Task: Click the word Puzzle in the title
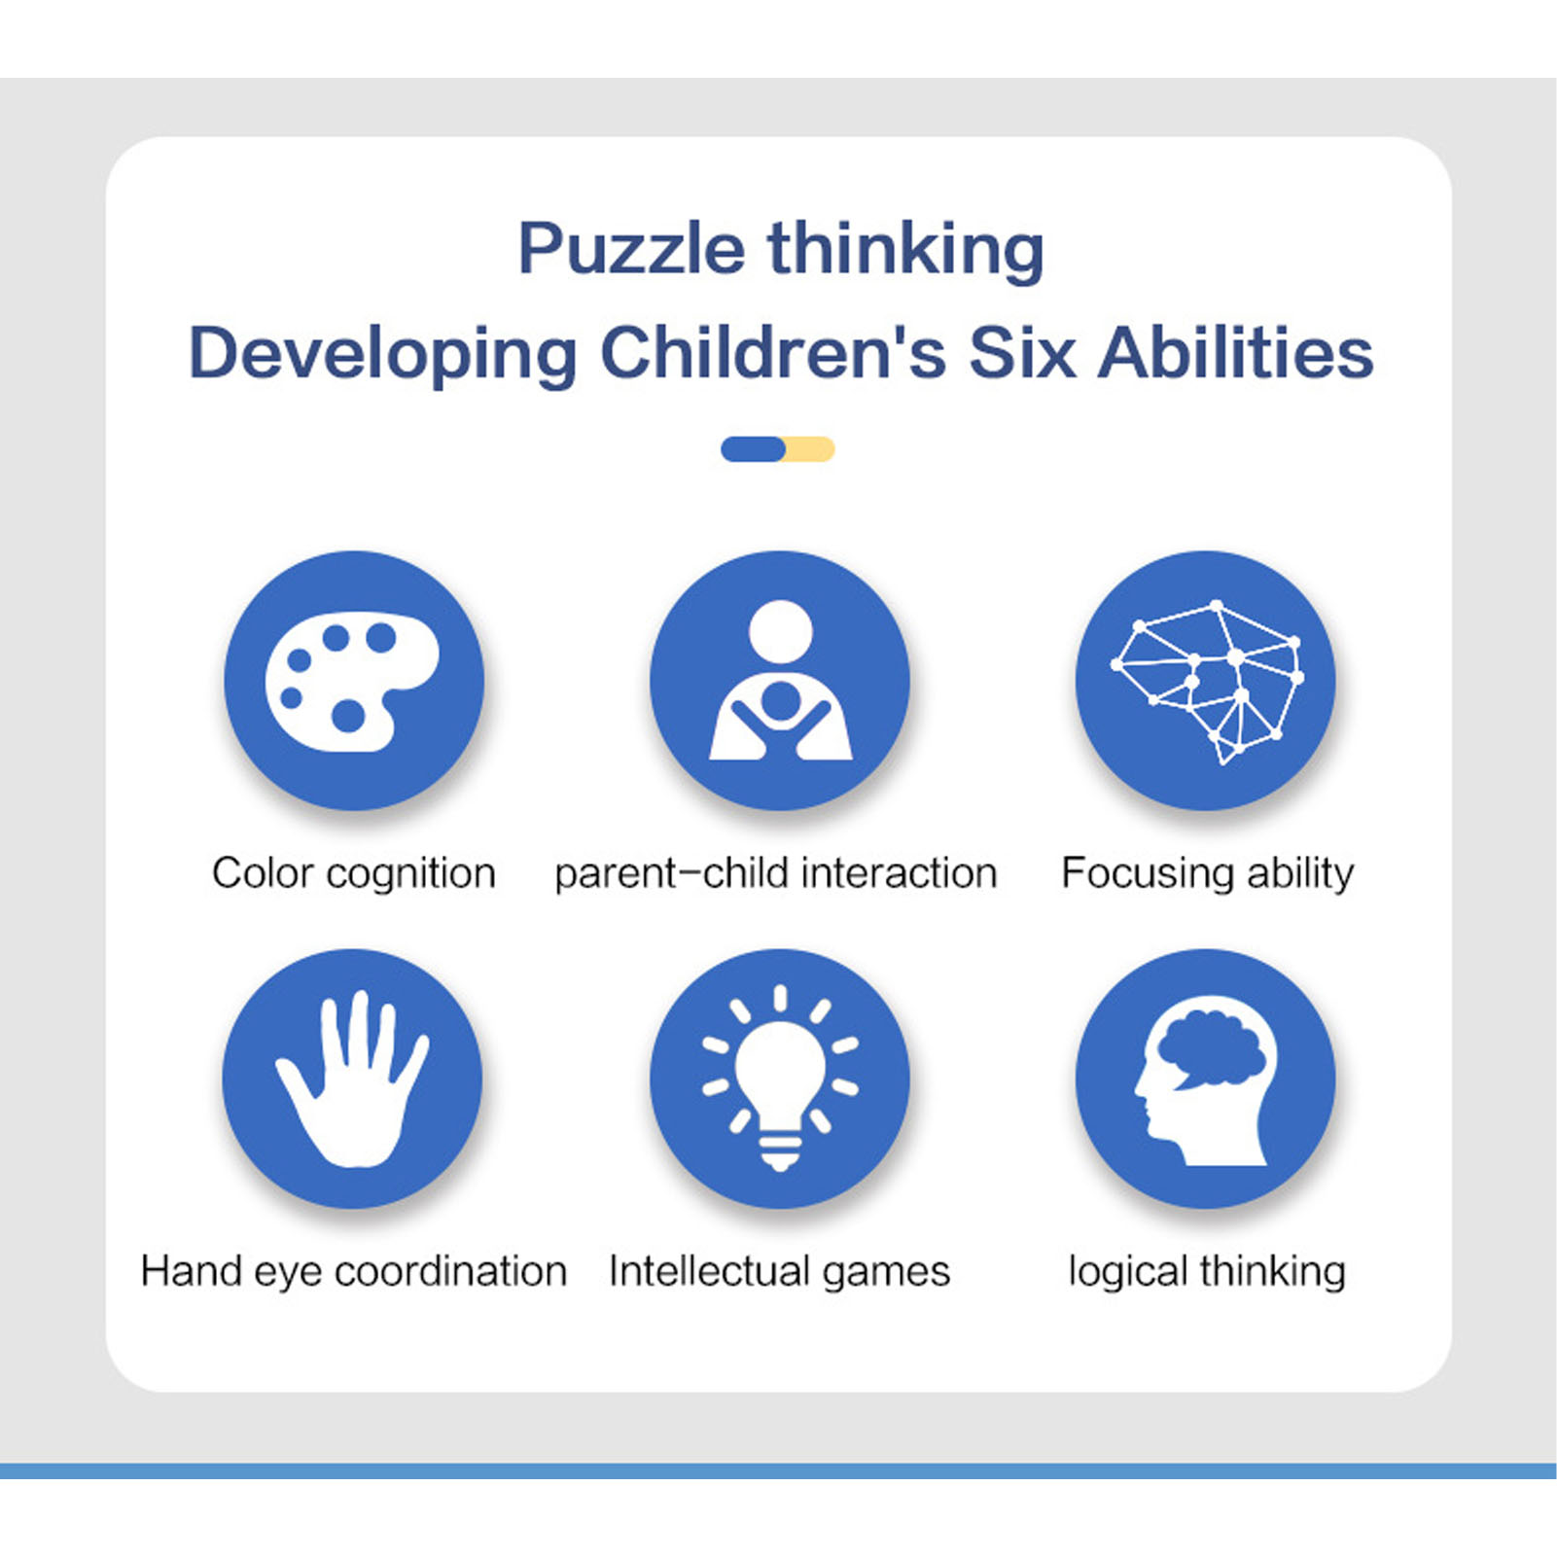[631, 250]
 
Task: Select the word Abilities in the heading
[1236, 352]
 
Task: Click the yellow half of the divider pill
[810, 449]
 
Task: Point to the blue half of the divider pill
[754, 449]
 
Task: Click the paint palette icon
[352, 681]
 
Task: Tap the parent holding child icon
[781, 680]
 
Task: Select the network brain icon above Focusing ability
[1208, 682]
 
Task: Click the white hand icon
[352, 1079]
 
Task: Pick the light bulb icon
[780, 1079]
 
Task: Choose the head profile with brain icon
[1206, 1080]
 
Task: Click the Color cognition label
[354, 873]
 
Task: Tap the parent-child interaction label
[776, 872]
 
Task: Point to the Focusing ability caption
[1208, 873]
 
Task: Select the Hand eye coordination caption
[354, 1272]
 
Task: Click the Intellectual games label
[779, 1272]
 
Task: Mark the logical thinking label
[1207, 1272]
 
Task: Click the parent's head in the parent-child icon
[781, 632]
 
